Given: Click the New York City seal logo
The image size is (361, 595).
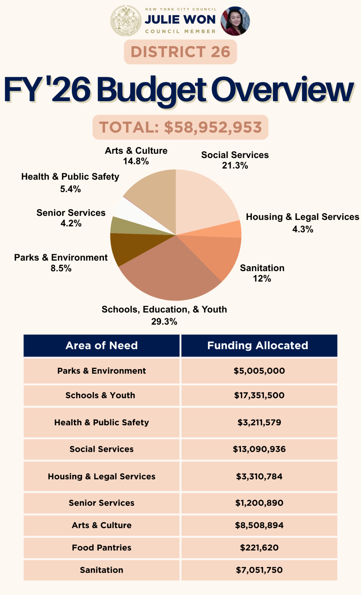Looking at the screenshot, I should click(126, 21).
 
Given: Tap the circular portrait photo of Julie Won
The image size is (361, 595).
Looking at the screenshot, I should click(235, 21).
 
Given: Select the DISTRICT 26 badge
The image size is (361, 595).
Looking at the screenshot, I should click(180, 52).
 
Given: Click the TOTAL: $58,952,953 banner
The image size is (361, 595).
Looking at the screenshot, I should click(180, 127).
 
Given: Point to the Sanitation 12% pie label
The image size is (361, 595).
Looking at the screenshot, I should click(262, 273).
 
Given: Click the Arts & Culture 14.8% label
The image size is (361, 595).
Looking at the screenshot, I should click(136, 156).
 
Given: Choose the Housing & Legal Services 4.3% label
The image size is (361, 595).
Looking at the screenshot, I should click(302, 223).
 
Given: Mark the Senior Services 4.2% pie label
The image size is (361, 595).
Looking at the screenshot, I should click(71, 218).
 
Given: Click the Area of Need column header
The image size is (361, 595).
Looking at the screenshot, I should click(102, 345).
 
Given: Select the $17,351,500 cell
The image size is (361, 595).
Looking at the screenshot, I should click(259, 395).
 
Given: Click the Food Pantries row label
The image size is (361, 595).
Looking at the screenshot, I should click(102, 548).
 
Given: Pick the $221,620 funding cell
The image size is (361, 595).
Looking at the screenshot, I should click(259, 548).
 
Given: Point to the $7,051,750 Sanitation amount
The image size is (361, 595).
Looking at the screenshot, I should click(259, 570).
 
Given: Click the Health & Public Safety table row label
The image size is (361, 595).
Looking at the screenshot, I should click(102, 422).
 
